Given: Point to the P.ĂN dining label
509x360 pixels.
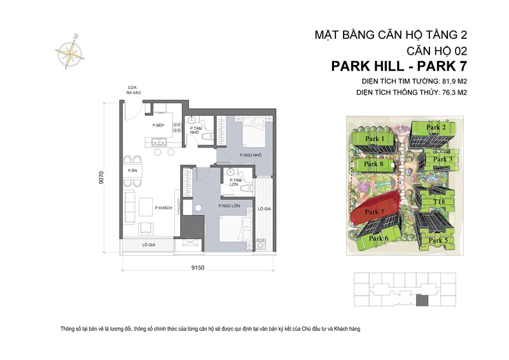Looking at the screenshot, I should (x=132, y=171).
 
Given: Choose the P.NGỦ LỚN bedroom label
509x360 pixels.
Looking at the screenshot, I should (x=228, y=206).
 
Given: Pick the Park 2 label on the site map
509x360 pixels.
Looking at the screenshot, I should (x=436, y=128).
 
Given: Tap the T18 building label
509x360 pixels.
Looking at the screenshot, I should (x=438, y=202).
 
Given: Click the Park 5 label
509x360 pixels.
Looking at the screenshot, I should (x=438, y=240).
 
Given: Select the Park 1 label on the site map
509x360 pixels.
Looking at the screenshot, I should (x=375, y=139).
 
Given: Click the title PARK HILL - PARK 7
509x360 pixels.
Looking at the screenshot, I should (x=403, y=66).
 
